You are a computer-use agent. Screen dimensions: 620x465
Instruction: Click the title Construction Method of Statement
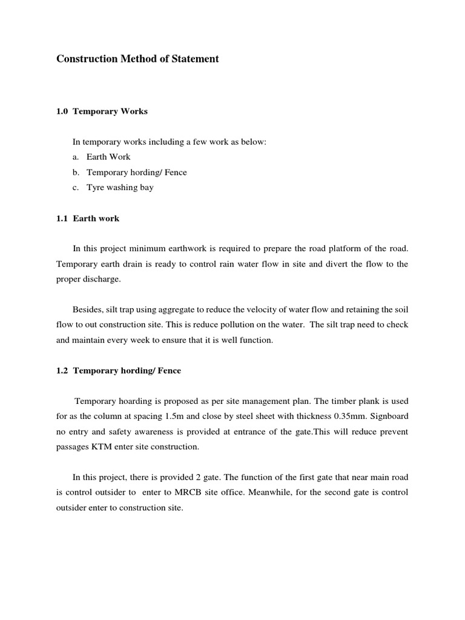(x=137, y=59)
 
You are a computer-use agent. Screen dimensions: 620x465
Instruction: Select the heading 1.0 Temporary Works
(x=102, y=111)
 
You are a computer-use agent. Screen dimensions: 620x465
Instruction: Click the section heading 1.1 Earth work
(x=88, y=219)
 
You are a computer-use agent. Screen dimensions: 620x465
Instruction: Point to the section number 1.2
(x=62, y=371)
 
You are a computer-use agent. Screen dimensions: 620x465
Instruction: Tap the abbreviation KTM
(x=101, y=447)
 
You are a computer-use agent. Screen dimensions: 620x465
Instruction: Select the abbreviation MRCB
(x=188, y=493)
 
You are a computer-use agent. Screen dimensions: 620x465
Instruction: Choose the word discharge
(x=102, y=279)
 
